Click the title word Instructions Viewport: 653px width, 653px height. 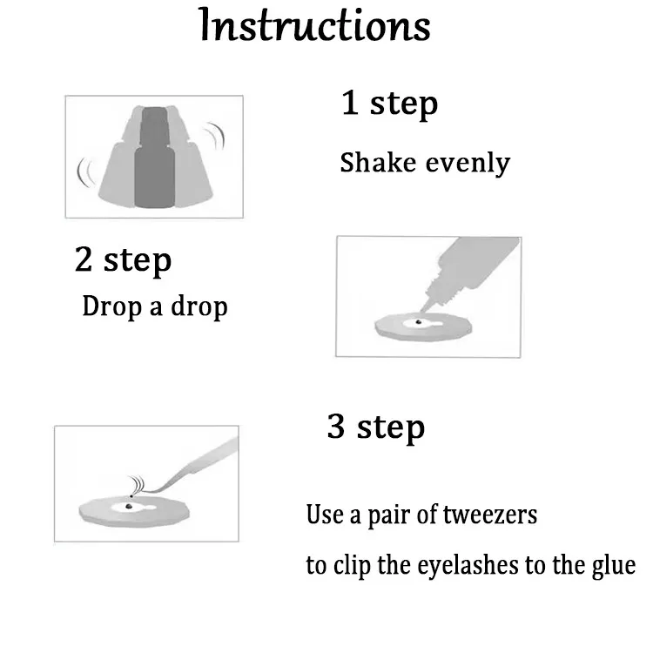point(315,25)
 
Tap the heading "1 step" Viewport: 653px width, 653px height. point(389,104)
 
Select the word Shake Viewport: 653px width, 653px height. point(378,162)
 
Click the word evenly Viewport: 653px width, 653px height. point(468,164)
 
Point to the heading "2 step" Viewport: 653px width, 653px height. point(124,259)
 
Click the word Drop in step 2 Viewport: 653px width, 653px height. point(112,306)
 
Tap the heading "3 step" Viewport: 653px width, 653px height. point(376,427)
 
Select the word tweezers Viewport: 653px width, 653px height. point(489,515)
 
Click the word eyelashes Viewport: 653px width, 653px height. point(468,567)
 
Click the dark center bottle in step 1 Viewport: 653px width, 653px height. point(154,158)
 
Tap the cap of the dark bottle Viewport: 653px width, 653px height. point(154,125)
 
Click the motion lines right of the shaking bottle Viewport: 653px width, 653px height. point(214,136)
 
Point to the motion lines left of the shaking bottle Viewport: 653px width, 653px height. point(84,172)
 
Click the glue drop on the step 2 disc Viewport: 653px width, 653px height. point(418,322)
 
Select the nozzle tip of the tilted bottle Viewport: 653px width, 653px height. point(421,310)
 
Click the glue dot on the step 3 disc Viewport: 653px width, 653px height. point(129,507)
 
